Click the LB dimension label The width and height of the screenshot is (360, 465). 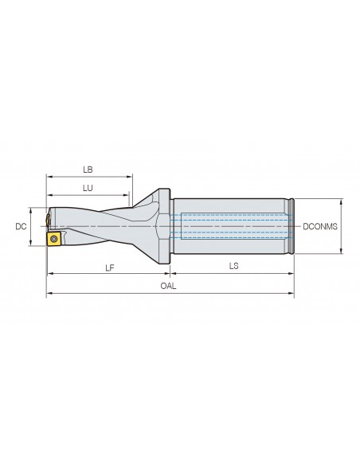pyautogui.click(x=88, y=170)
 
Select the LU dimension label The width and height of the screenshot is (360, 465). pyautogui.click(x=88, y=188)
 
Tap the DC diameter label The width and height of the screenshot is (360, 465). pyautogui.click(x=21, y=227)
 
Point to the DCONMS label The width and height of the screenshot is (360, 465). pyautogui.click(x=320, y=227)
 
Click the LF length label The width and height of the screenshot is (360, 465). pyautogui.click(x=110, y=268)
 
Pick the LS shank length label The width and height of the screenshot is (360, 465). pyautogui.click(x=233, y=266)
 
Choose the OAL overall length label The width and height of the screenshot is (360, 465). pyautogui.click(x=168, y=286)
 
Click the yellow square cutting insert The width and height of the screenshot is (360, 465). pyautogui.click(x=53, y=239)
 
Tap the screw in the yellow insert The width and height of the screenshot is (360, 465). pyautogui.click(x=53, y=239)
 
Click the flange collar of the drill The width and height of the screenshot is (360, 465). pyautogui.click(x=165, y=225)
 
